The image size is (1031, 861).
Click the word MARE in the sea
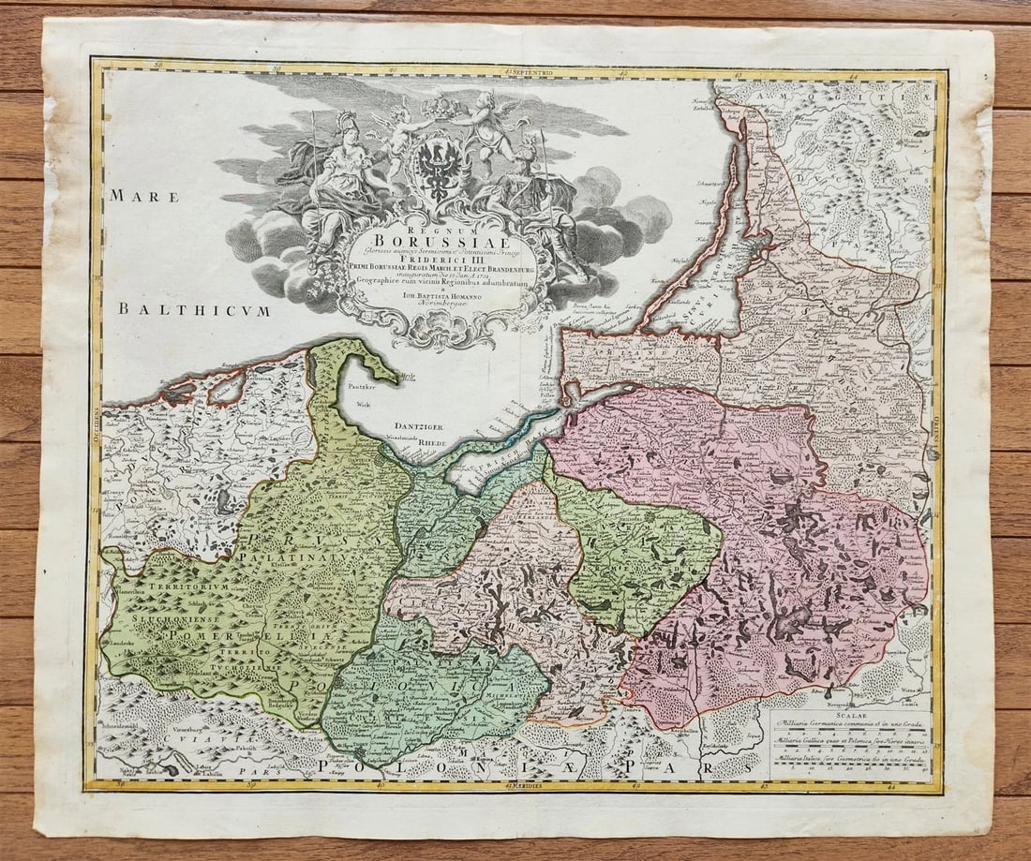pyautogui.click(x=129, y=196)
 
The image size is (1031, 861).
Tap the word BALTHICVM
pyautogui.click(x=193, y=310)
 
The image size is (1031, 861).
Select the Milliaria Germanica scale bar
pyautogui.click(x=848, y=732)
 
